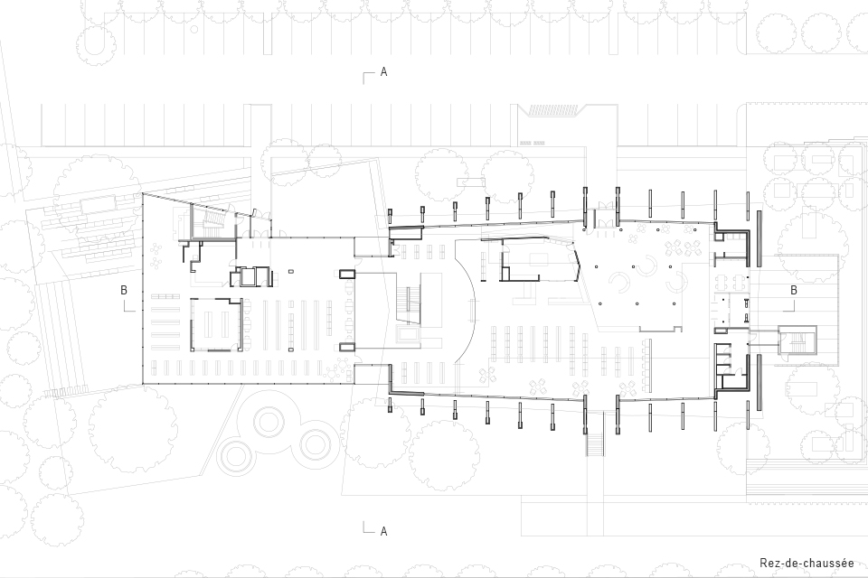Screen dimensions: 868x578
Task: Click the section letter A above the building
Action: tap(383, 72)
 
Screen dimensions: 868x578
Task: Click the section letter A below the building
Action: tap(383, 532)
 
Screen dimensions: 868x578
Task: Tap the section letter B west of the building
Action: tap(124, 290)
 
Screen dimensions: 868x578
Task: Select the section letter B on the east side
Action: tap(794, 290)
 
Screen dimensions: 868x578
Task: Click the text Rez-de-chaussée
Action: tap(807, 564)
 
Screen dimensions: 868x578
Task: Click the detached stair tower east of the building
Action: tap(797, 340)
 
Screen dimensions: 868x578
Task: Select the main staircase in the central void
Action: tap(409, 304)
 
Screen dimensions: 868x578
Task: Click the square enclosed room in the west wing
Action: tap(216, 325)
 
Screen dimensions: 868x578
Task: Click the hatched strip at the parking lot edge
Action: tap(553, 110)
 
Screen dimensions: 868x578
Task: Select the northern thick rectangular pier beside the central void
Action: tap(347, 274)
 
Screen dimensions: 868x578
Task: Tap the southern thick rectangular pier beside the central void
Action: tap(347, 348)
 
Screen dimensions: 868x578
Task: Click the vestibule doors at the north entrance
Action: tap(602, 216)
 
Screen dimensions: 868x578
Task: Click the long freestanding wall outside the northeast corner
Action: tap(759, 238)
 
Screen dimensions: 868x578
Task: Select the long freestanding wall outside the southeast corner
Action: tap(759, 382)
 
